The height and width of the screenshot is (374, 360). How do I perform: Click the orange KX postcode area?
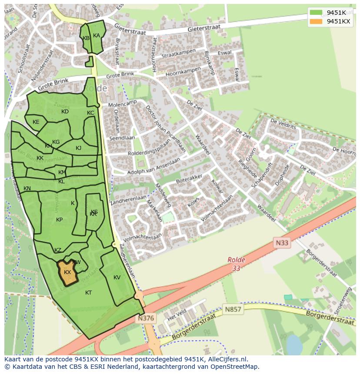click(x=67, y=272)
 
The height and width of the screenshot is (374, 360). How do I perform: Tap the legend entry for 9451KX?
click(x=338, y=22)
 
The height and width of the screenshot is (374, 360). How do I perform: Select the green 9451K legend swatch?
click(x=316, y=13)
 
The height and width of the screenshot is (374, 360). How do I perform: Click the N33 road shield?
click(x=282, y=243)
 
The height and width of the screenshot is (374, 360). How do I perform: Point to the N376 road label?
click(x=146, y=318)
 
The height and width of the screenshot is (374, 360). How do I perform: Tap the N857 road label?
click(x=233, y=310)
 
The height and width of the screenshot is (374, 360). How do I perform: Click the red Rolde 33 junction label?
click(x=236, y=264)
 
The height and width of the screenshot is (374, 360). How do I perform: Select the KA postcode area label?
click(x=97, y=36)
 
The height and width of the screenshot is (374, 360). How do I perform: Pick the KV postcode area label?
click(x=117, y=278)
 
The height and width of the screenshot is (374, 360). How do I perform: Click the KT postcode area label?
click(x=88, y=293)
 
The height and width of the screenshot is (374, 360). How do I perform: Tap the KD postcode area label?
click(x=65, y=112)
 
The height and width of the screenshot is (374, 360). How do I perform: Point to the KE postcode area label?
click(x=36, y=122)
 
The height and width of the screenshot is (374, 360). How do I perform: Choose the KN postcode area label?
click(x=27, y=189)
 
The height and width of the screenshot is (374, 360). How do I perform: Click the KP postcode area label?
click(x=59, y=220)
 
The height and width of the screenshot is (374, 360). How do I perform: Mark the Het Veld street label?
click(x=177, y=314)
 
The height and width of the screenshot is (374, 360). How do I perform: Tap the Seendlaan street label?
click(x=122, y=139)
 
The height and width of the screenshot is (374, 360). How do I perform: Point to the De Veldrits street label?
click(x=283, y=124)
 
